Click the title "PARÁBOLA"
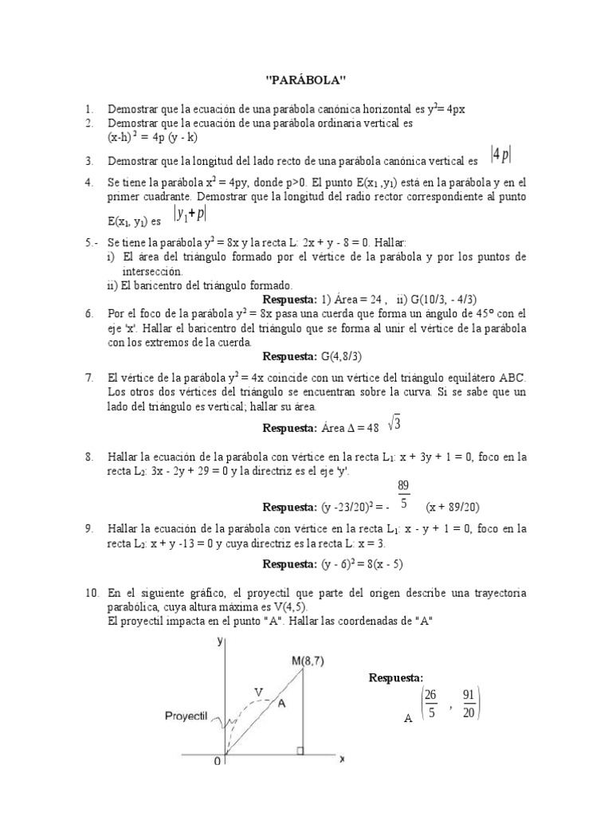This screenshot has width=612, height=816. pos(306,80)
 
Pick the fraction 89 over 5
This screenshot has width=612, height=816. pos(404,495)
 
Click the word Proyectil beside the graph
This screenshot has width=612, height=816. pos(186,716)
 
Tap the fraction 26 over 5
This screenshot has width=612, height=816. pos(430,704)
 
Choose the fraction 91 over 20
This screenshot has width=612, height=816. pos(468,704)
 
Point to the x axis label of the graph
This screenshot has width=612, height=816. pos(341,759)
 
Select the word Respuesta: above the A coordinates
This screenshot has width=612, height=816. pos(395,677)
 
